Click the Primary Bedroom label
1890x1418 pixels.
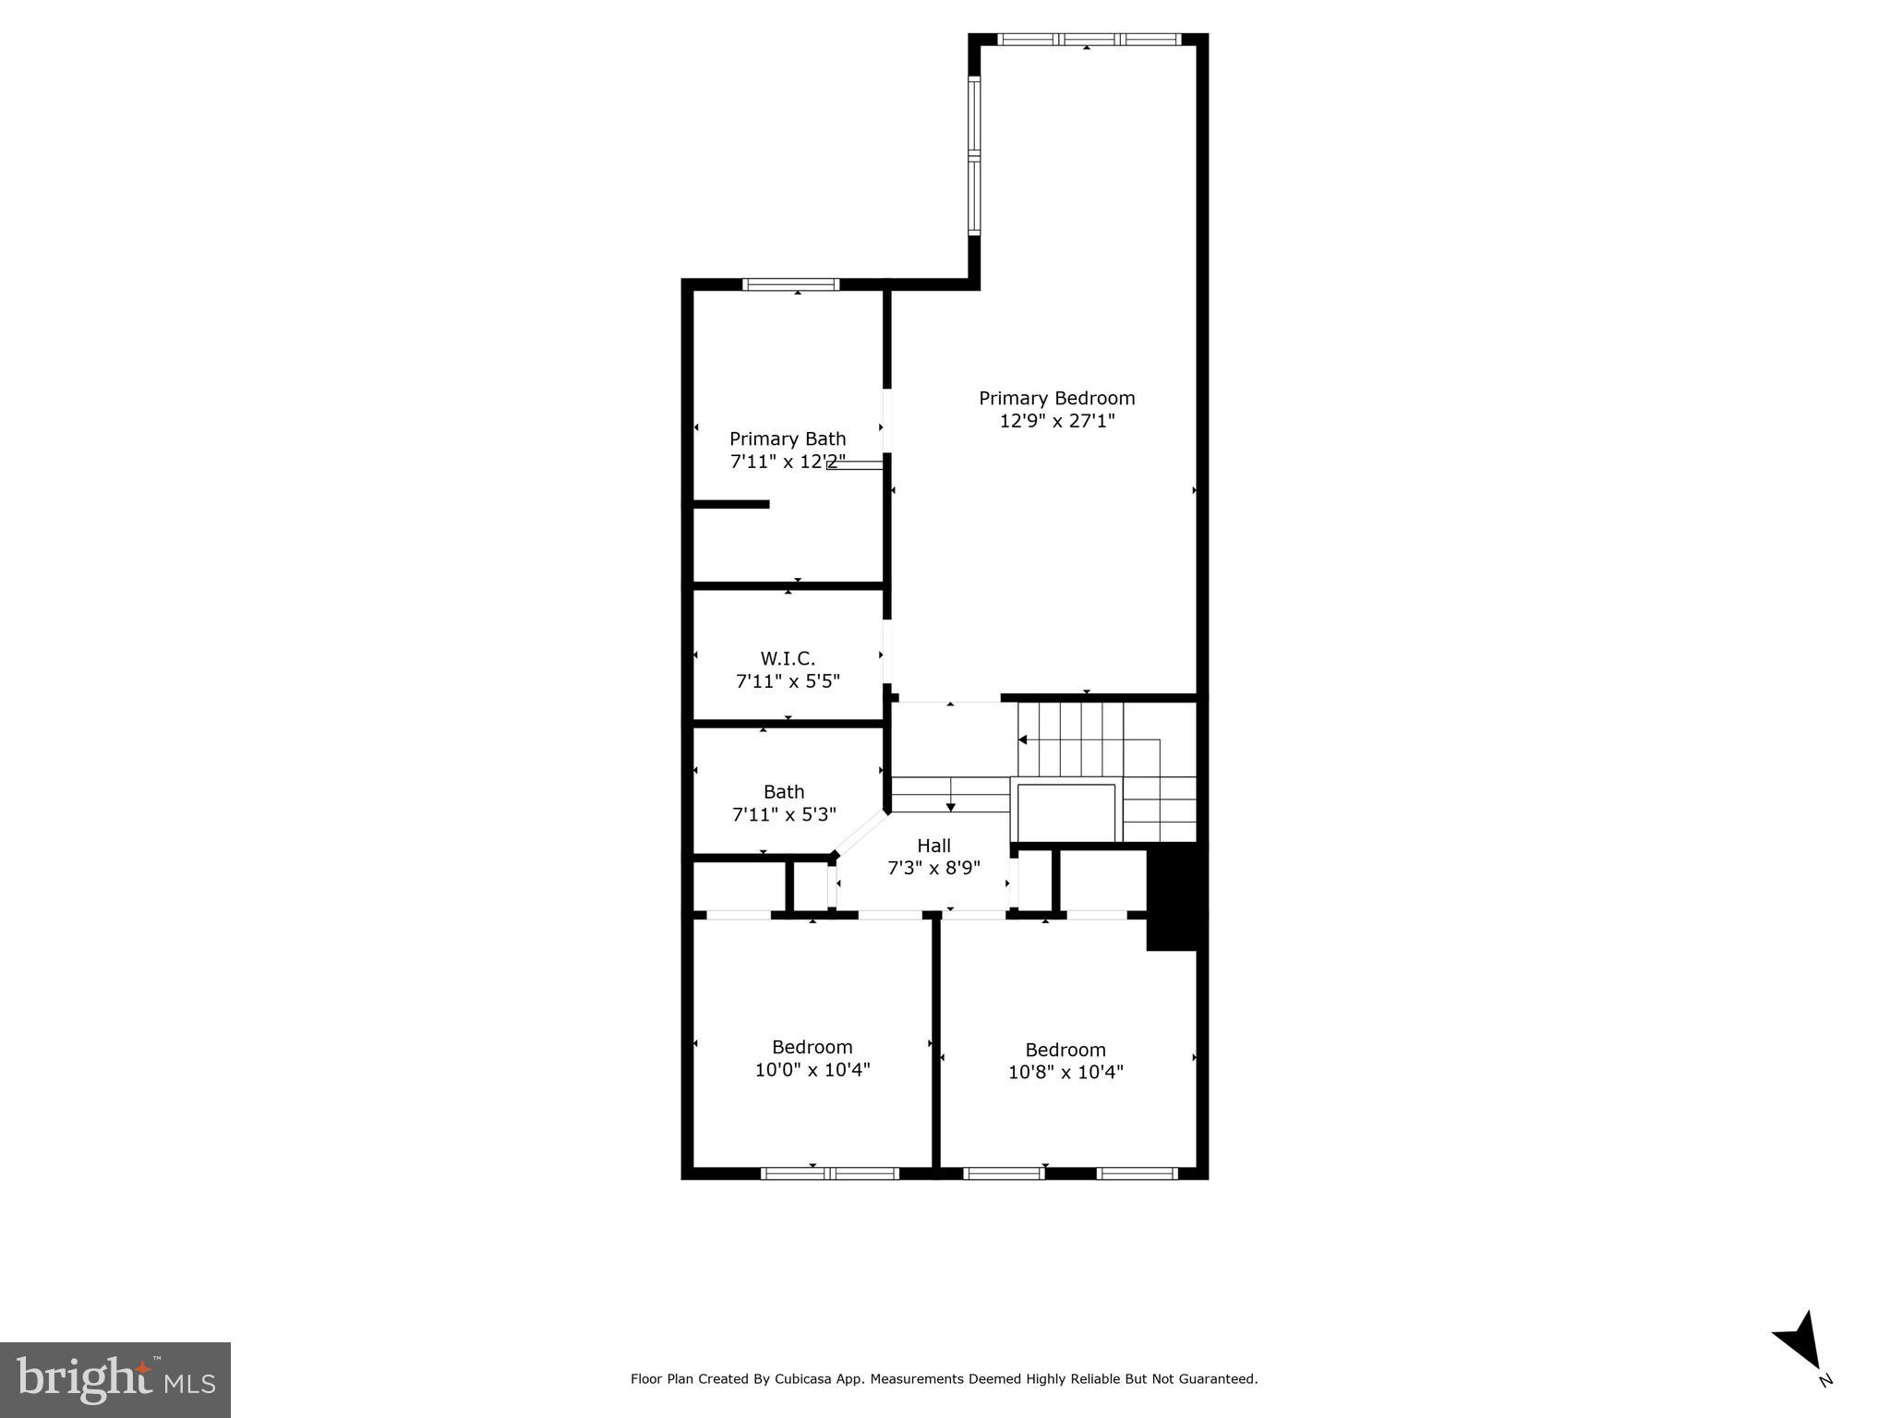click(x=1056, y=398)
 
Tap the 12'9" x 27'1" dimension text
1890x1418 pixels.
click(x=1056, y=421)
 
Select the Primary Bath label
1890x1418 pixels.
click(x=787, y=439)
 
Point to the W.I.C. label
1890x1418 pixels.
click(x=787, y=658)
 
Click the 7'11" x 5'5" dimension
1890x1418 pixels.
click(x=787, y=681)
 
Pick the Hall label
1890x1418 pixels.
click(x=933, y=846)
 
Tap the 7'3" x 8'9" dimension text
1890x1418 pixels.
click(x=933, y=868)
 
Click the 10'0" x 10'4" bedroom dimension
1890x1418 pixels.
click(x=812, y=1070)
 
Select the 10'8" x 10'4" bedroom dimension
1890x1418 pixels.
click(x=1065, y=1073)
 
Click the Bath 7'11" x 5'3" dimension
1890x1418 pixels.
click(x=783, y=814)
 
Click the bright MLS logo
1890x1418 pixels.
click(x=115, y=1379)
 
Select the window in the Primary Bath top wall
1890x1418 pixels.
click(x=791, y=284)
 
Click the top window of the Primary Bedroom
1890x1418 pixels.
click(x=1089, y=40)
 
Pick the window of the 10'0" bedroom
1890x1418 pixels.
click(x=829, y=1173)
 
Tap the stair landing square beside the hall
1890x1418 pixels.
click(x=1065, y=812)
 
